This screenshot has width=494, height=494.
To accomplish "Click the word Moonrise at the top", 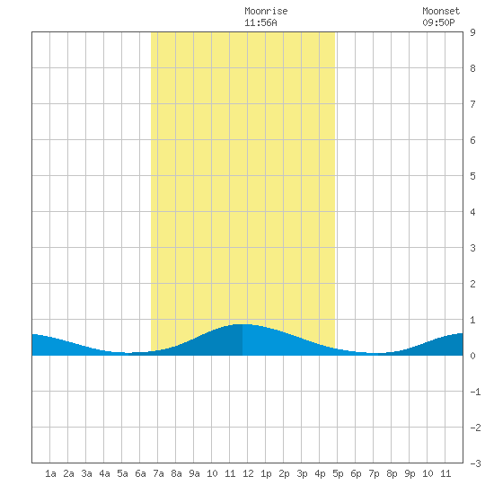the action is [x=266, y=11].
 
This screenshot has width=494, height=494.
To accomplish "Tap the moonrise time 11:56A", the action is [x=260, y=22].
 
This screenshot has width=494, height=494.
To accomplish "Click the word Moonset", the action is [x=441, y=11].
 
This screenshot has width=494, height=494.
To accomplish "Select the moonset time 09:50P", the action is [x=438, y=22].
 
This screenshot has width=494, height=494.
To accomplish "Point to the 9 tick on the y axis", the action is [x=472, y=32].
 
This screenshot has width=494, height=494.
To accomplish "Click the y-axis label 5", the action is [x=472, y=176].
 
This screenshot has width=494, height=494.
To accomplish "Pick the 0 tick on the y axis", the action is [x=472, y=356].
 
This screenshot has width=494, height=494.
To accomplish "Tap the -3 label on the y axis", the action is [x=475, y=463].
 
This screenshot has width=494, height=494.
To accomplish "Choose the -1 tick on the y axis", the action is [x=475, y=392].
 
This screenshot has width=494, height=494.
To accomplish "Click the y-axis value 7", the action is [x=472, y=104].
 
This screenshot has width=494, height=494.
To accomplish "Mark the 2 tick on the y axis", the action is [x=472, y=284].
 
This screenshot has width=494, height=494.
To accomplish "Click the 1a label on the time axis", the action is [x=50, y=473].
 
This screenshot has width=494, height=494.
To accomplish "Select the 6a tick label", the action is [x=140, y=473].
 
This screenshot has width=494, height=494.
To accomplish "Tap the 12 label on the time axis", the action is [x=248, y=473].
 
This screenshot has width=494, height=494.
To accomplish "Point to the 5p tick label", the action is [x=338, y=473].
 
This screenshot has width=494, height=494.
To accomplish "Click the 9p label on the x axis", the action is [x=410, y=473].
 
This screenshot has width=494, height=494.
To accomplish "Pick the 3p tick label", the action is [x=302, y=473].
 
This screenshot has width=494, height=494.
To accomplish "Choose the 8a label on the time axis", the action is [x=176, y=473].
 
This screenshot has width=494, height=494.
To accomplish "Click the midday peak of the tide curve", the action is [x=243, y=324].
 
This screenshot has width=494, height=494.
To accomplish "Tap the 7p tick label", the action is [x=374, y=473].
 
